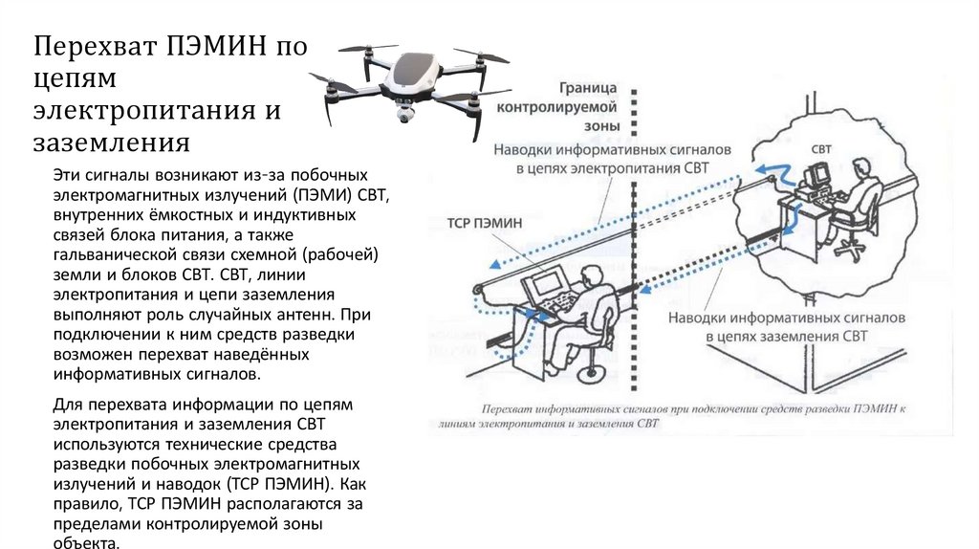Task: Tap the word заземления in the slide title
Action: pyautogui.click(x=113, y=143)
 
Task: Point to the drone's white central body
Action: pyautogui.click(x=412, y=76)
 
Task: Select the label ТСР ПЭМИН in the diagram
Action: pyautogui.click(x=485, y=221)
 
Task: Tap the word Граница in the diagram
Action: pyautogui.click(x=588, y=88)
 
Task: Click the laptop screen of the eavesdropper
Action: pyautogui.click(x=549, y=283)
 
